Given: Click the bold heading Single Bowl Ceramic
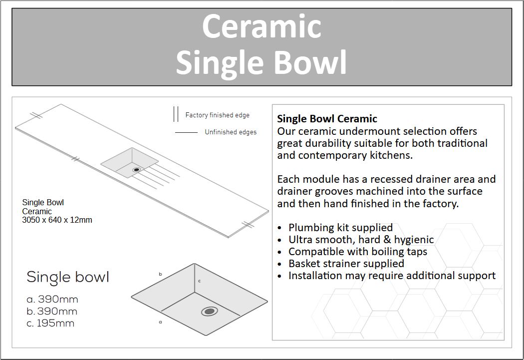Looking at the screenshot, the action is [327, 119].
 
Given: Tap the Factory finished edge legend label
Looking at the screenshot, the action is [218, 115].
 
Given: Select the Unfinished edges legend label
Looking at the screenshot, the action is [231, 132].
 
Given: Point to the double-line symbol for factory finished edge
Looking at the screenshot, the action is [176, 114].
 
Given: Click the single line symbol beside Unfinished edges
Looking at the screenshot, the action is [187, 133].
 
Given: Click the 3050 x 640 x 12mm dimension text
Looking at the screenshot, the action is [57, 220].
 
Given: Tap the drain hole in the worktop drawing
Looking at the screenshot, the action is [136, 170].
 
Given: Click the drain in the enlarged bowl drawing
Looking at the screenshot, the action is [210, 312].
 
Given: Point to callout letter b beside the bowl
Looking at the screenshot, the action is [160, 274].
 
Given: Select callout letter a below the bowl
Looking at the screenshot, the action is [160, 322].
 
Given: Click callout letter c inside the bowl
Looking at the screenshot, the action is [200, 281].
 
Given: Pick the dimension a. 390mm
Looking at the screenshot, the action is [52, 299].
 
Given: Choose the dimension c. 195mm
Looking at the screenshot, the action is [50, 323].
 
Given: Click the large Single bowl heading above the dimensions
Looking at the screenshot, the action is [68, 278].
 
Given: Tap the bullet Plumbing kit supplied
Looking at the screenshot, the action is [340, 228].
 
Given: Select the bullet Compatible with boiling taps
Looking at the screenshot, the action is [358, 252].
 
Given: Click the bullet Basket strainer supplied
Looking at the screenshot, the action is [346, 264].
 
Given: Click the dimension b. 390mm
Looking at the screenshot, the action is [52, 311].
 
